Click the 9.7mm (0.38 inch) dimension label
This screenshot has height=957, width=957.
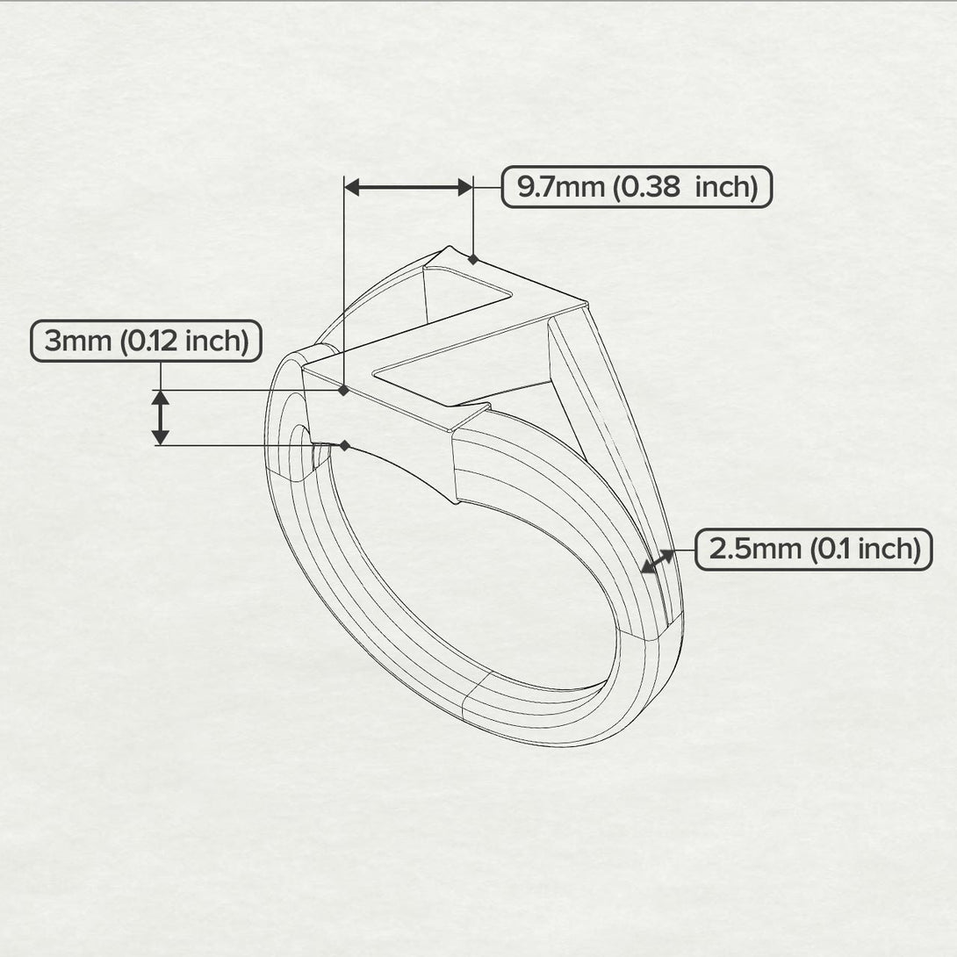point(637,187)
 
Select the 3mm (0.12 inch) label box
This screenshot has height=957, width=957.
point(146,341)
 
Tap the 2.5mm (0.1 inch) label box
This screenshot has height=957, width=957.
point(814,550)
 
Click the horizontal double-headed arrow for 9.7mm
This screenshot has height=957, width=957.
point(408,186)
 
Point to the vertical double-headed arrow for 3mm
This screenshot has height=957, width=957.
point(160,418)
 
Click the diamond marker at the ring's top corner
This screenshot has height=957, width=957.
point(473,259)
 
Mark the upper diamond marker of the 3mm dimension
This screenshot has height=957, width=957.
point(344,390)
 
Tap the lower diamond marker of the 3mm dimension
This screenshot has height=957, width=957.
point(344,446)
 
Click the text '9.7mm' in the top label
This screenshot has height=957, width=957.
point(559,187)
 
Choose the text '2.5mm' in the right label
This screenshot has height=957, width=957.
point(754,550)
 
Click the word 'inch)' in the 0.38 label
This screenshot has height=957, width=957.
point(726,187)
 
